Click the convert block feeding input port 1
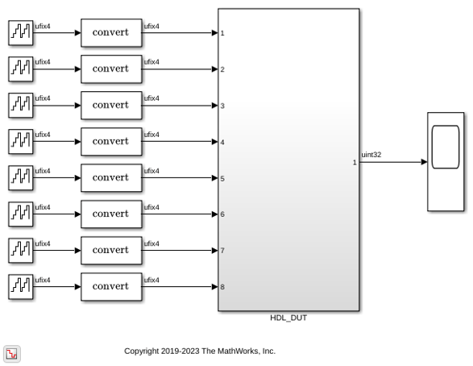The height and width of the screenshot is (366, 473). point(111,33)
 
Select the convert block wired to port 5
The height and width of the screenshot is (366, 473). point(111,177)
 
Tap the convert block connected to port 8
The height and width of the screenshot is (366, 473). point(111,287)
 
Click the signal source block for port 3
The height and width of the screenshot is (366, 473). point(20,106)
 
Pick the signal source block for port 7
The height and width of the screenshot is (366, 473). point(20,251)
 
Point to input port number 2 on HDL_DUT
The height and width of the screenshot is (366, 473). point(222,69)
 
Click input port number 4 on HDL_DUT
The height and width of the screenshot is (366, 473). point(222,142)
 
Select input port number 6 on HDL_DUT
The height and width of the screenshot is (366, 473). point(222,214)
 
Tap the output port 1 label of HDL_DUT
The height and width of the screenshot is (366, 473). point(355,162)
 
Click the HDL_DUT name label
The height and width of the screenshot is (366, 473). point(288,318)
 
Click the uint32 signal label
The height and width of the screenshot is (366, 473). point(371,155)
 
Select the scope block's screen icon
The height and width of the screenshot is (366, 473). point(446,147)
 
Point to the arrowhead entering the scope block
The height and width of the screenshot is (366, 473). point(424,162)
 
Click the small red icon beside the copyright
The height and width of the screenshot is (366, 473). point(12,354)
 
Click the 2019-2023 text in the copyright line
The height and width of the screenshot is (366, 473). point(180,351)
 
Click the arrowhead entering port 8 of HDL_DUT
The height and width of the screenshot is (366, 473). point(215,287)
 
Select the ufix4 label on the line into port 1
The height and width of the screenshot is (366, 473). point(151,27)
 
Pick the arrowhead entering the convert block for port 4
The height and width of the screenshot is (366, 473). point(78,142)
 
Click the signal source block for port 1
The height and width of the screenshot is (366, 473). point(20,33)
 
